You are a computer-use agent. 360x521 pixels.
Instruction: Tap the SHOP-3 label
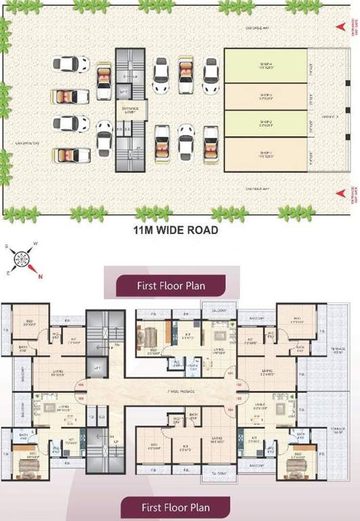coord(265,96)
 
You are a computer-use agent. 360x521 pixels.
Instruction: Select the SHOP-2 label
coord(265,124)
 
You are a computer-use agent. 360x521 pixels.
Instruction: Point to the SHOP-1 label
coord(265,154)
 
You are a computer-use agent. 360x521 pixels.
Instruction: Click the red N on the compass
coord(40,275)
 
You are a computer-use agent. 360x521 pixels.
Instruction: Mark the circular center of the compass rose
coord(24,258)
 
